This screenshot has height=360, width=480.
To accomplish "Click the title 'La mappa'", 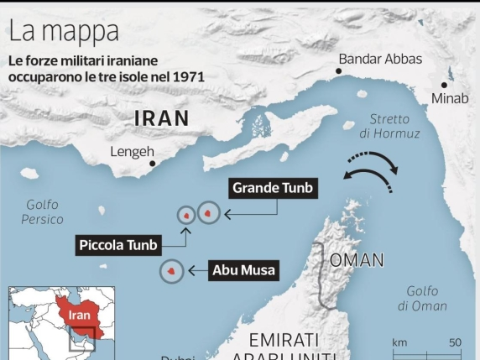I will click(64, 33).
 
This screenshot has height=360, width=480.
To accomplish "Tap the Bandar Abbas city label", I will click(379, 59).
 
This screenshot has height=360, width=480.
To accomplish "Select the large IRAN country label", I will click(162, 118).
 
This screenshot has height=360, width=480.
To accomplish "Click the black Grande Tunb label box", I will click(272, 188).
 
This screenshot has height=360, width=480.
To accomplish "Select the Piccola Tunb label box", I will click(117, 245).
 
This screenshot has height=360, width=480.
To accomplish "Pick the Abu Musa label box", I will click(244, 270).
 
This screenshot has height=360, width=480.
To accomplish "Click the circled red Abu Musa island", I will click(172, 272).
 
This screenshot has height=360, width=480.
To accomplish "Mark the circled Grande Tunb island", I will click(208, 214).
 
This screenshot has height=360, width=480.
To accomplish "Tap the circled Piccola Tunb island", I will click(185, 214).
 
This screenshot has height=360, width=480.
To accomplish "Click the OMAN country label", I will click(356, 259).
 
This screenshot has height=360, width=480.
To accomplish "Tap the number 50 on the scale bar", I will click(455, 342).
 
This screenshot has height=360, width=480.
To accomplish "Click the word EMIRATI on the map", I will click(284, 341).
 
